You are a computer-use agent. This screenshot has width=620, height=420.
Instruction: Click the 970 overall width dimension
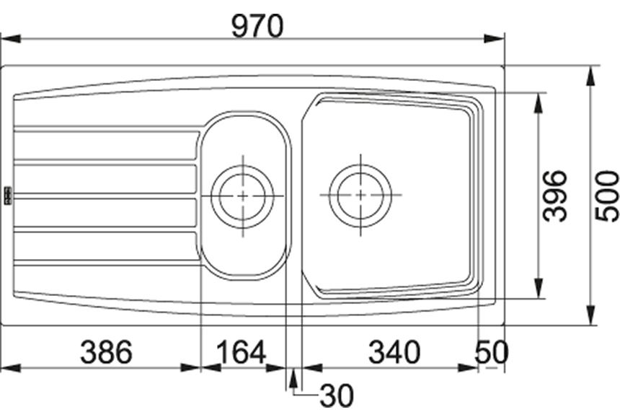coord(257,26)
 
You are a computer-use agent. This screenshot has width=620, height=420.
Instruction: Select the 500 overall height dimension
coord(607,196)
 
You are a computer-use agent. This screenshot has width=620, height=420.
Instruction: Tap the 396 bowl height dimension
coord(554,196)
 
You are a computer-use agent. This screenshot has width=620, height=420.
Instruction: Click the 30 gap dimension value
coord(337,396)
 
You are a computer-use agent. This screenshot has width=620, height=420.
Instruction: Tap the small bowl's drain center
coord(242,196)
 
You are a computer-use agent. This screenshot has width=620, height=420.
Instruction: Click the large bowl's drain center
coord(360,195)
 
